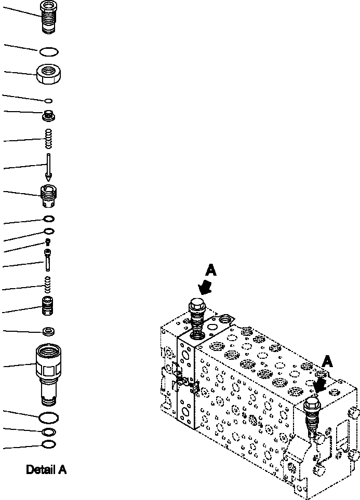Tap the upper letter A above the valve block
[x=210, y=270]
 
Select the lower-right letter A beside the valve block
[x=327, y=361]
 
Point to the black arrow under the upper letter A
[x=205, y=287]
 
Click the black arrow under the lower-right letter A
[x=320, y=386]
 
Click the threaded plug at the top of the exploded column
[x=48, y=17]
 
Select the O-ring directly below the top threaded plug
[x=49, y=51]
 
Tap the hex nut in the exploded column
[x=49, y=74]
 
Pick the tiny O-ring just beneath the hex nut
[x=48, y=101]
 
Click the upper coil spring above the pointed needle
[x=48, y=139]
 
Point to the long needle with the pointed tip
[x=48, y=167]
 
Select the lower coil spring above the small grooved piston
[x=48, y=285]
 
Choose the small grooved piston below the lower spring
[x=48, y=306]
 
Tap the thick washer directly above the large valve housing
[x=48, y=331]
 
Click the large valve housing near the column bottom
[x=48, y=375]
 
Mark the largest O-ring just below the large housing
[x=48, y=417]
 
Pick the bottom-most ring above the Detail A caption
[x=49, y=444]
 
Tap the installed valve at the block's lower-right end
[x=311, y=414]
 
